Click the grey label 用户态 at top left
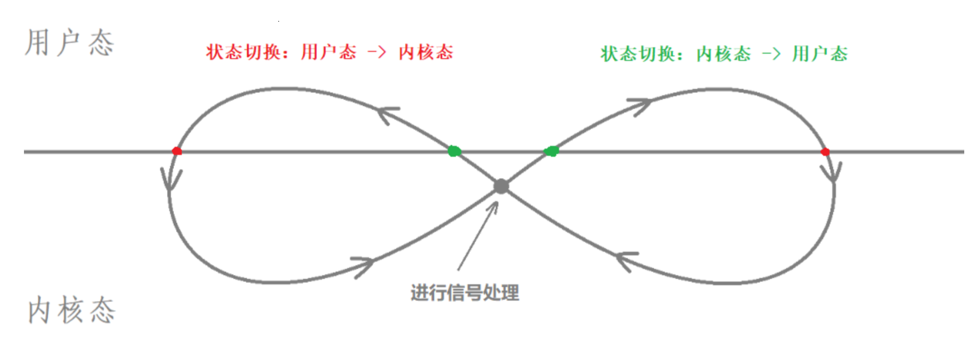[69, 43]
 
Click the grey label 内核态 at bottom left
[71, 310]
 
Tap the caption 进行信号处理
[464, 293]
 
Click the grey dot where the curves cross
[501, 186]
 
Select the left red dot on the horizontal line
[177, 151]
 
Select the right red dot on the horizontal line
[825, 152]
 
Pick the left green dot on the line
[454, 151]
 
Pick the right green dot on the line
[551, 151]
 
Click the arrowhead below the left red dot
[170, 179]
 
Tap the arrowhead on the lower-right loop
[626, 260]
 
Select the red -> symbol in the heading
[377, 53]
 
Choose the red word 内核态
[426, 52]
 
